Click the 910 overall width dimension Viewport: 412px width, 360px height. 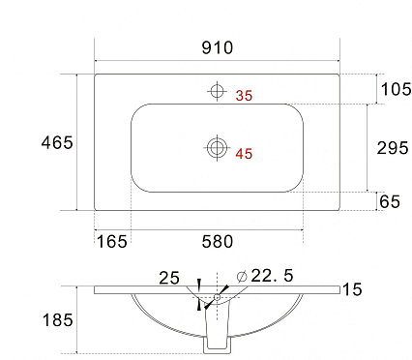(x=218, y=47)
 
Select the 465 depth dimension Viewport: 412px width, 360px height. (x=57, y=142)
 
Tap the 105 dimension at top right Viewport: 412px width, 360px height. (x=396, y=90)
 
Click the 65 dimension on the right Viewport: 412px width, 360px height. (x=390, y=201)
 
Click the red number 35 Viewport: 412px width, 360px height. (x=244, y=95)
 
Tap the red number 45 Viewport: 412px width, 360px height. (x=244, y=153)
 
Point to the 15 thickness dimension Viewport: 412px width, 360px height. (x=352, y=289)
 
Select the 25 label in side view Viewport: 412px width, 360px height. (x=169, y=278)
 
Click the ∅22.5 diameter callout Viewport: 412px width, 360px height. (x=259, y=276)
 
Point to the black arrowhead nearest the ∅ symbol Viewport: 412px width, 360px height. (x=223, y=288)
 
